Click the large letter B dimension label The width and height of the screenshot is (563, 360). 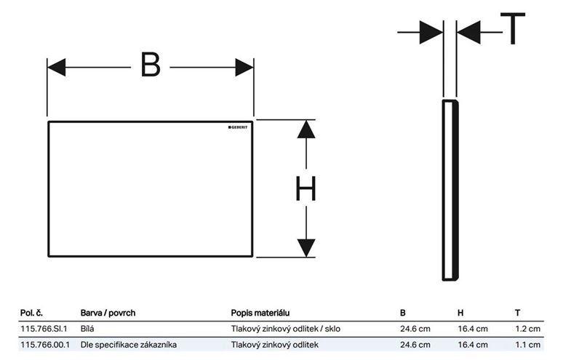[151, 65]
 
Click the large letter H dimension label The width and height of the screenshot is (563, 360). [306, 188]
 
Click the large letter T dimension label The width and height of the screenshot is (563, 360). [513, 28]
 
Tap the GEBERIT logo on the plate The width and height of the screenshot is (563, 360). [238, 127]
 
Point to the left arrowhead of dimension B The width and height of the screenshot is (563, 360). [56, 67]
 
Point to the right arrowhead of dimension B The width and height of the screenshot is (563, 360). [244, 67]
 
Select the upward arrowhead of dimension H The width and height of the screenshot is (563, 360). [306, 129]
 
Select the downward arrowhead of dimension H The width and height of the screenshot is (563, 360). [306, 248]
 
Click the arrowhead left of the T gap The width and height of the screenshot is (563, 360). [431, 32]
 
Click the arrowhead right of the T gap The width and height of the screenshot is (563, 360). [468, 32]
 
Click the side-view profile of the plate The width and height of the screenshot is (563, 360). [450, 191]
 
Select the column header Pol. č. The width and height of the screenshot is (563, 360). [31, 313]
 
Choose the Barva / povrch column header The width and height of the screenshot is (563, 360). [108, 313]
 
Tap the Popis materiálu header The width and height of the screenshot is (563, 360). [260, 313]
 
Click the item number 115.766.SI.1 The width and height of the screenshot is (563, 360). [44, 329]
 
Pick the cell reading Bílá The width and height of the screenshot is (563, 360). [87, 329]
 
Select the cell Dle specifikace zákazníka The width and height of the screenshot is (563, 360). [129, 345]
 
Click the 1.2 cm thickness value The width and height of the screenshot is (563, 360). [528, 329]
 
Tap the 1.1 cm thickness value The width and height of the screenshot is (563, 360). [528, 345]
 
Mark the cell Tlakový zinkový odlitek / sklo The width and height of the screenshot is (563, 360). [286, 329]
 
